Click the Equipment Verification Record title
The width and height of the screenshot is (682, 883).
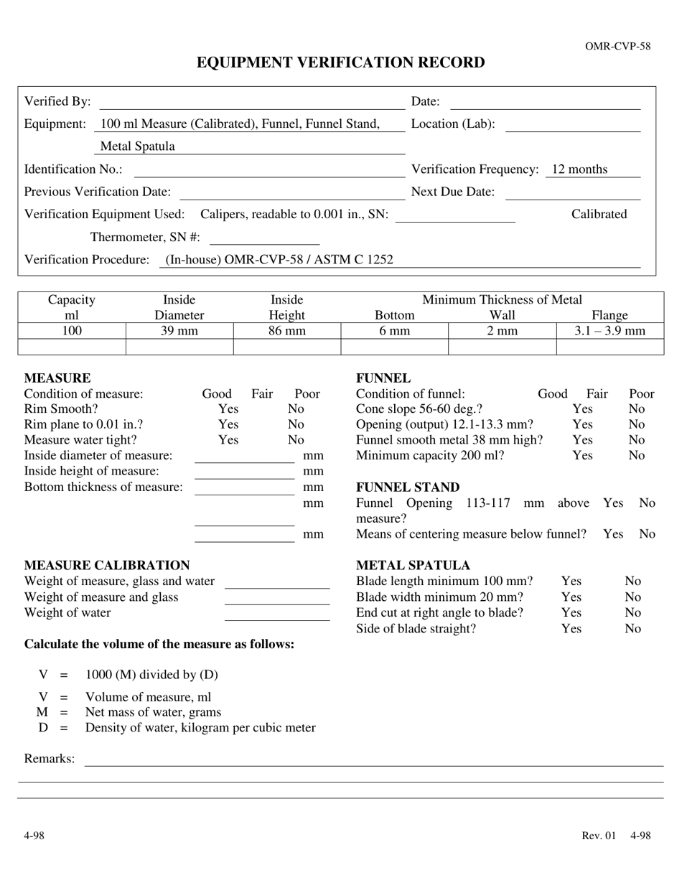[340, 63]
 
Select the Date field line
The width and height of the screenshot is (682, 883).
[545, 104]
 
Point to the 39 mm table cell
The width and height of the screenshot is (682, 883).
[179, 331]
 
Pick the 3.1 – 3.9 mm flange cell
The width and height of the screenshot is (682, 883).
[609, 331]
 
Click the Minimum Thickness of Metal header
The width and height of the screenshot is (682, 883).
[502, 300]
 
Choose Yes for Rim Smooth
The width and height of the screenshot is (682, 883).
[228, 409]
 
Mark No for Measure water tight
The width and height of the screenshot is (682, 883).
[296, 440]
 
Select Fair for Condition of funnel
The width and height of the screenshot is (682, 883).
[597, 394]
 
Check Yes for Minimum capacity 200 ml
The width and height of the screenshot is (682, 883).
[582, 456]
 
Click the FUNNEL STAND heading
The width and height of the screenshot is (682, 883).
[408, 488]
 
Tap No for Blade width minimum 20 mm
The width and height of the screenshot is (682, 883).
[632, 597]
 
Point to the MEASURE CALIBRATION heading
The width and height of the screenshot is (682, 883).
[107, 566]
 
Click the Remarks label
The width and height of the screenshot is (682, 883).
[50, 759]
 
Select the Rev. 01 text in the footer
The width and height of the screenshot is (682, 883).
[599, 836]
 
